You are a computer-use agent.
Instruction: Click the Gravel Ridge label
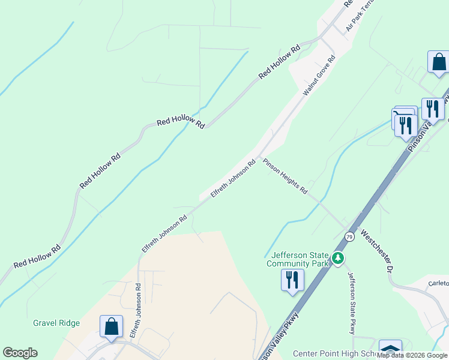56,323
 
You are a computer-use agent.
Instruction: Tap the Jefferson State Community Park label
298,259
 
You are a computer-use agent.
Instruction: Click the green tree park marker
339,258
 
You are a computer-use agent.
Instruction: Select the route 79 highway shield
350,236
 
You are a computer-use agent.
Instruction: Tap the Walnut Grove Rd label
319,77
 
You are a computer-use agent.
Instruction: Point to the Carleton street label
438,283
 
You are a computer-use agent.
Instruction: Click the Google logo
20,353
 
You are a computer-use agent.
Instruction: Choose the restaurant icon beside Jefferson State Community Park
292,280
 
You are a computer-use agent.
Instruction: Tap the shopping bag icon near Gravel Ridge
112,327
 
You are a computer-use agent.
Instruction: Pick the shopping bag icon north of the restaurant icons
439,62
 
